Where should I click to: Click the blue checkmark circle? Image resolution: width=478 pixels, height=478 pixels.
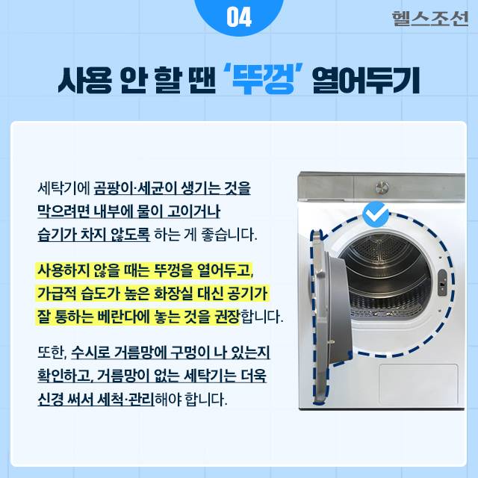(375, 217)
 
